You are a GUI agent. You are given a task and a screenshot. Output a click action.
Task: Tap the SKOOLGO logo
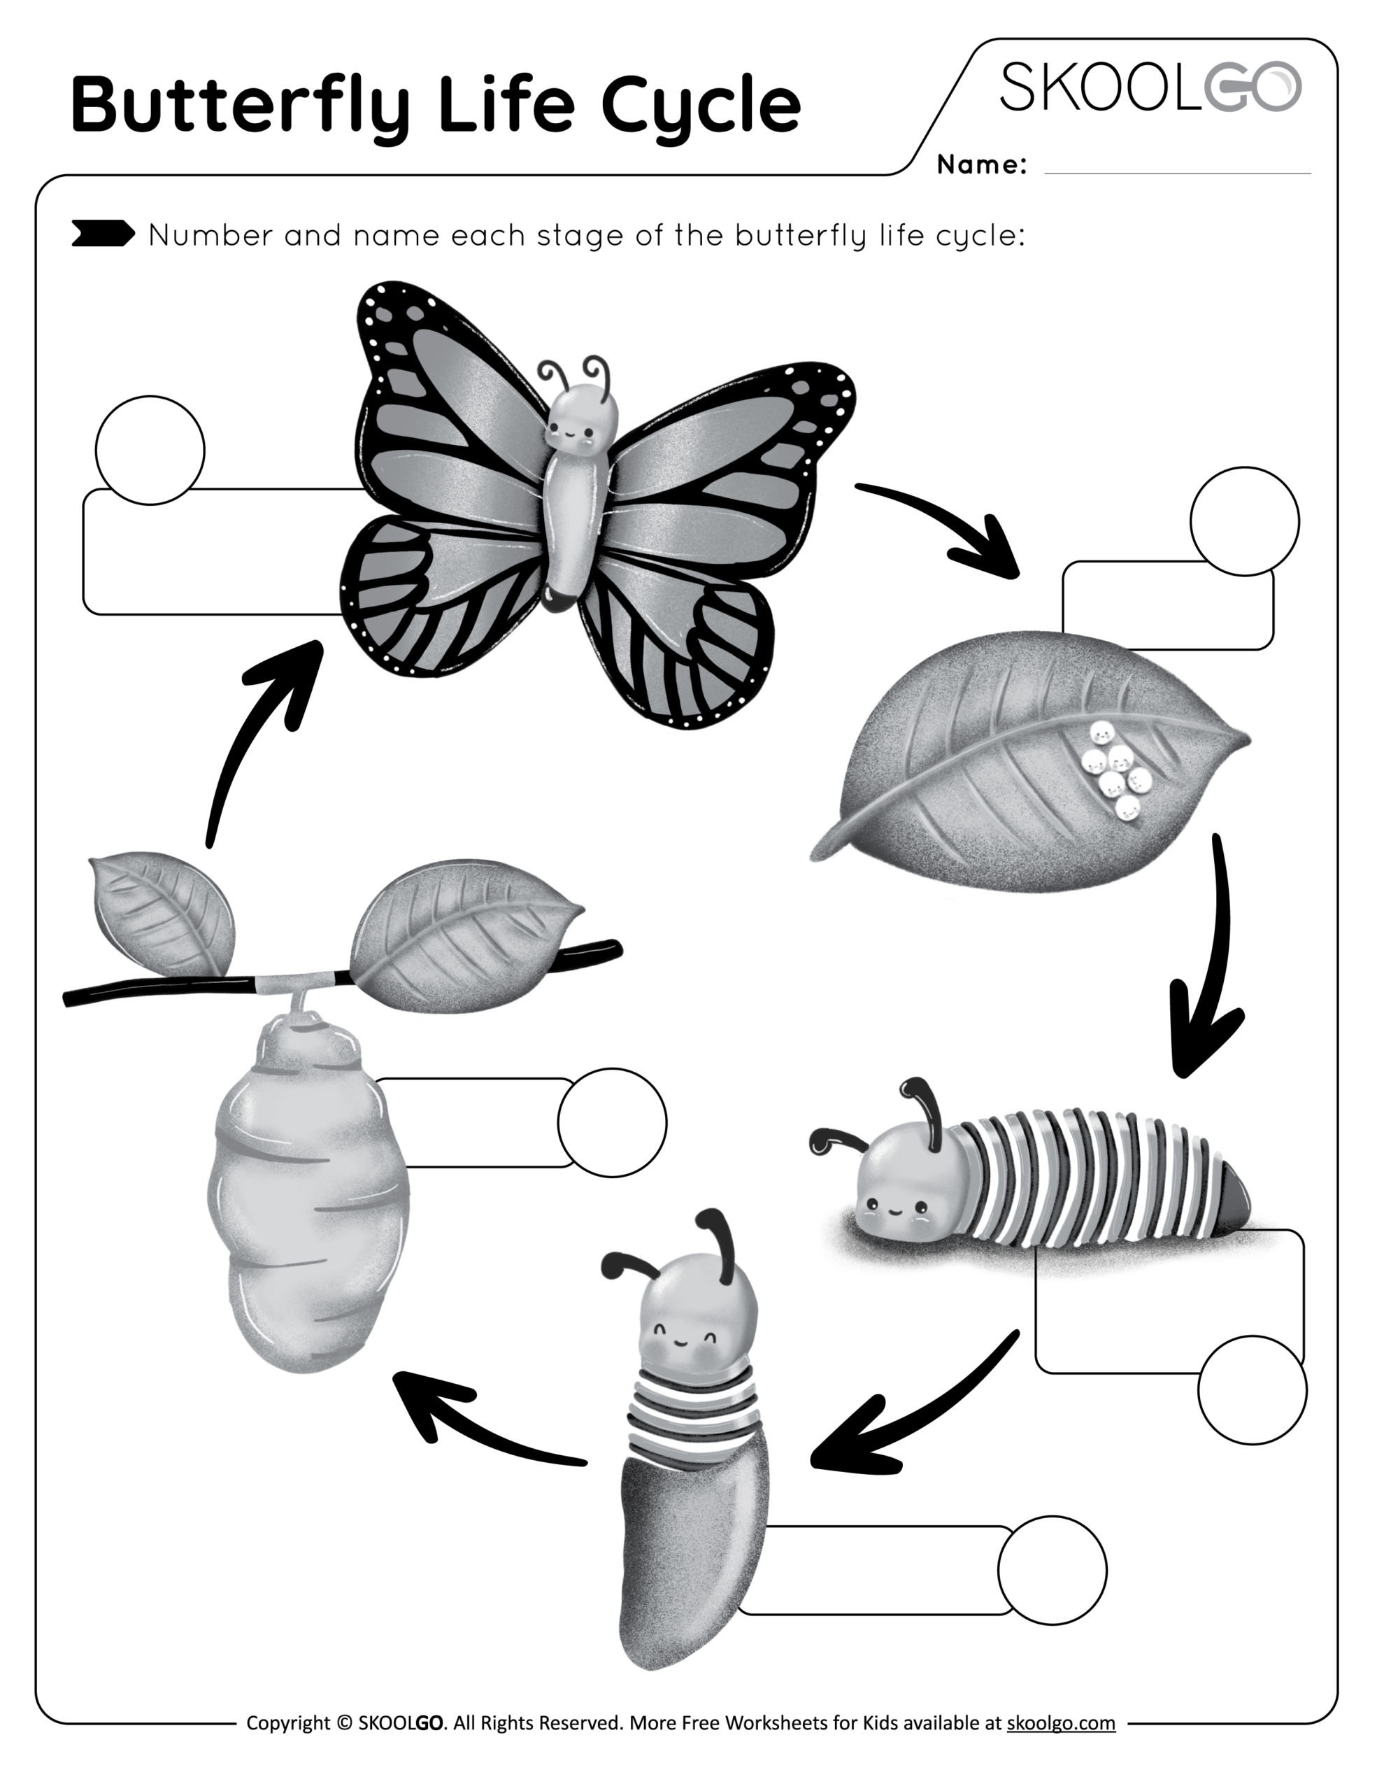click(1150, 87)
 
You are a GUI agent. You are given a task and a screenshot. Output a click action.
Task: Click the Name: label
click(981, 165)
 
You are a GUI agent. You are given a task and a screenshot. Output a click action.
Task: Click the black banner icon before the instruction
click(103, 234)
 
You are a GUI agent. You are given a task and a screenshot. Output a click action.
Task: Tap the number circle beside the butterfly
click(150, 451)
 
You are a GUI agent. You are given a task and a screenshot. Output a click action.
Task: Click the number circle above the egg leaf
click(1244, 521)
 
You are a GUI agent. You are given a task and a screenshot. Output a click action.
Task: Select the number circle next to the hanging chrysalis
click(612, 1123)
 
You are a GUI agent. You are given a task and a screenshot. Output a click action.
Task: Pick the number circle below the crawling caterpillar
click(1252, 1390)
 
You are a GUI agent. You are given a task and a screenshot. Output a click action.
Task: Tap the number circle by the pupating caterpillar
click(1052, 1571)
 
